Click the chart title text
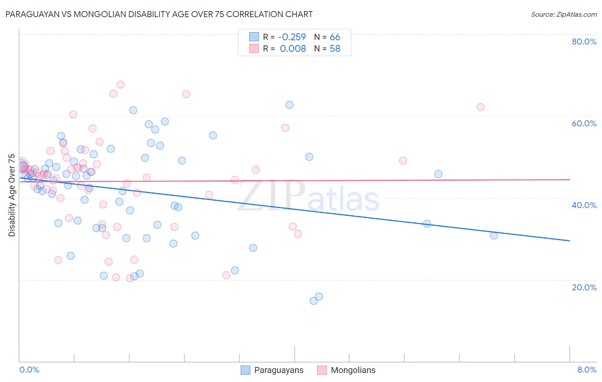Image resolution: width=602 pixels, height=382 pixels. tap(159, 14)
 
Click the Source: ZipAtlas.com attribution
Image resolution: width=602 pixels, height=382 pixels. tap(563, 14)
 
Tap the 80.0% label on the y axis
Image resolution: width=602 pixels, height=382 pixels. tap(584, 42)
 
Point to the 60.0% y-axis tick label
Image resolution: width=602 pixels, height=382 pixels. tap(584, 123)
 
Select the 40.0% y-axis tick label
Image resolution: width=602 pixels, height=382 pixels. tap(584, 205)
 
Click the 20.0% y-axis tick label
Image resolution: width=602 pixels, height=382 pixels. tap(584, 287)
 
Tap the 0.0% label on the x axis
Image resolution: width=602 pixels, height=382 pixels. tap(29, 370)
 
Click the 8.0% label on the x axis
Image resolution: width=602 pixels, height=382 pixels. tap(587, 370)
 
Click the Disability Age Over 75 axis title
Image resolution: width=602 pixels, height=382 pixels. tap(12, 195)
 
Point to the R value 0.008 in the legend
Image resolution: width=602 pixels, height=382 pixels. tap(293, 49)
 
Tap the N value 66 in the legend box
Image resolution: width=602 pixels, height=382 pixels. tap(335, 37)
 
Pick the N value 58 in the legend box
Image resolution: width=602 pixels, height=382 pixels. tap(335, 49)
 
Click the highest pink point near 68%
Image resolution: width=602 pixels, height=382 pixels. tap(120, 85)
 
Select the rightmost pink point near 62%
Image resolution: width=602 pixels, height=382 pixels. tap(480, 107)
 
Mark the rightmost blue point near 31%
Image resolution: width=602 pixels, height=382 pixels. tap(494, 236)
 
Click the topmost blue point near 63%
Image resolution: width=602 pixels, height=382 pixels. tap(289, 105)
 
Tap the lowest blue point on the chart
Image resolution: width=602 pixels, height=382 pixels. tap(313, 301)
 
